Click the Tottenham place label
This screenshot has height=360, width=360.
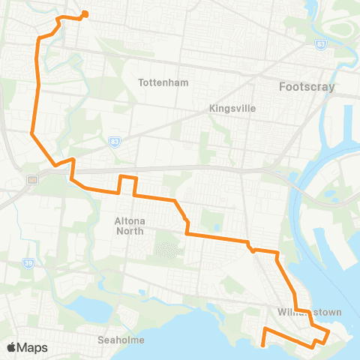[163, 82]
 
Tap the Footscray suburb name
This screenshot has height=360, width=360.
[307, 86]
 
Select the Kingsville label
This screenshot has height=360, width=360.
[232, 108]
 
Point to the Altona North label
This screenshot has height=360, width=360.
[114, 226]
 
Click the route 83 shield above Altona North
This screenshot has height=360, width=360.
[115, 140]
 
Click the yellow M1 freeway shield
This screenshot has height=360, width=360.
[32, 179]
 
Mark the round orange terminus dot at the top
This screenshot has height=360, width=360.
[85, 13]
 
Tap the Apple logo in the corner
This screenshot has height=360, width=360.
[12, 346]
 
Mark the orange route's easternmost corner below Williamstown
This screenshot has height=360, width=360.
[328, 331]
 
